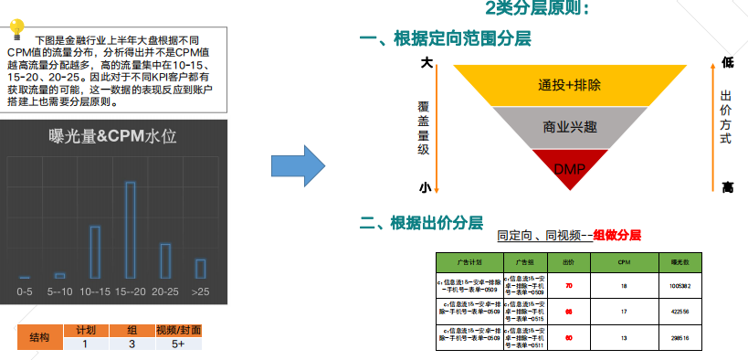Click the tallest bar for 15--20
pos(130,229)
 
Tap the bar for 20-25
pos(165,260)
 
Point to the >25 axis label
pos(200,291)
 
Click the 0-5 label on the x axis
pos(25,291)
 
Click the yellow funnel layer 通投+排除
pos(570,85)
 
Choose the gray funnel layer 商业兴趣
pos(570,127)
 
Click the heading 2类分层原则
pos(543,10)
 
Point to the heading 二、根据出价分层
pos(421,223)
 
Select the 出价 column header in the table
pos(568,261)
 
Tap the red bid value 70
pos(568,286)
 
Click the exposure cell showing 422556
pos(677,311)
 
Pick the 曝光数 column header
pos(677,261)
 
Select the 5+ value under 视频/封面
pos(177,344)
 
